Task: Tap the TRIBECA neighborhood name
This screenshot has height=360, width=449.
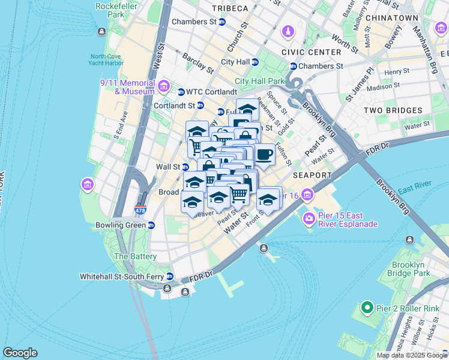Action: pos(230,8)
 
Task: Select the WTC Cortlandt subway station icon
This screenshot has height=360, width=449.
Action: pos(181,92)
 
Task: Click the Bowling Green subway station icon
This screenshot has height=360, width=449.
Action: pos(151,226)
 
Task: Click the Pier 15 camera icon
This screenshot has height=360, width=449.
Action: pos(309,218)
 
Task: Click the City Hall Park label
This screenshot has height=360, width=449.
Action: pos(259,81)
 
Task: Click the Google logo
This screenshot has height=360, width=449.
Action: pos(20,353)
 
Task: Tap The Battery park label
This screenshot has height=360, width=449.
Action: pos(135,256)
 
